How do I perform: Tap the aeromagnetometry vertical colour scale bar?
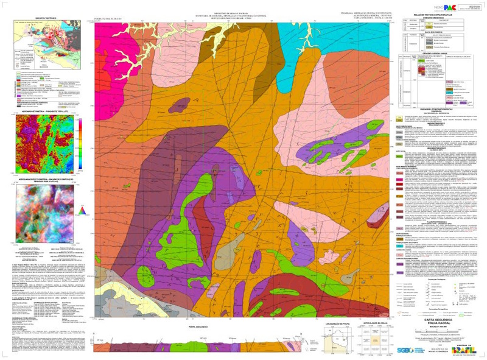tap(80, 141)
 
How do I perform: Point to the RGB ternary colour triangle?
tap(84, 211)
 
